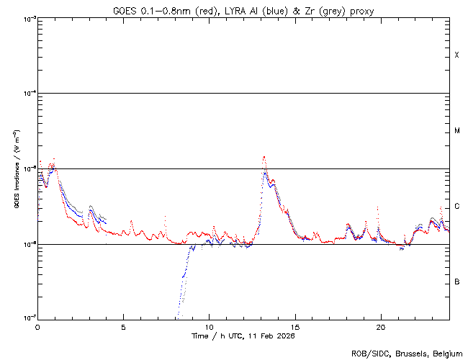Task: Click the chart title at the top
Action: click(x=243, y=11)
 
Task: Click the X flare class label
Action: click(x=456, y=55)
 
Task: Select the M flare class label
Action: click(x=456, y=131)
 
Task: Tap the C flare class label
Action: click(x=456, y=207)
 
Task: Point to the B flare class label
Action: click(x=456, y=282)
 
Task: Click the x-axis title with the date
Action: click(x=243, y=336)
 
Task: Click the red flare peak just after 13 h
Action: click(x=264, y=157)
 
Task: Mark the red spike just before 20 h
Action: click(x=377, y=207)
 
